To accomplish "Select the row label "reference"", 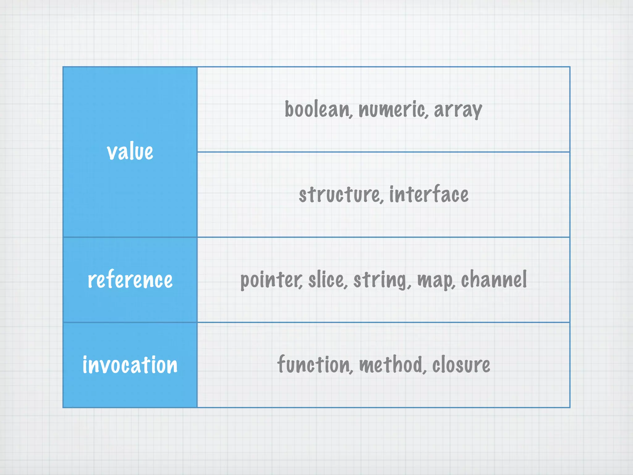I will [x=130, y=280].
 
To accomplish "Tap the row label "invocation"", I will [x=130, y=365].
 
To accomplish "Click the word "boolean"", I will [x=317, y=109].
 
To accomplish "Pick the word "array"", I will [x=458, y=110].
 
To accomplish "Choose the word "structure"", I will [x=339, y=195].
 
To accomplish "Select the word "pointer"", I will [x=271, y=280].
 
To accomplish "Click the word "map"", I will [x=435, y=280].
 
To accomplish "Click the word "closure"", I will [x=461, y=365].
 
